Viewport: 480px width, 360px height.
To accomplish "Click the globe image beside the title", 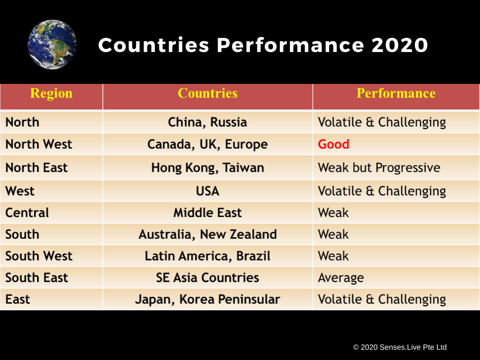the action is coord(52,45).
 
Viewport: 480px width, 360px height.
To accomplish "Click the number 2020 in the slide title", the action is coord(400,45).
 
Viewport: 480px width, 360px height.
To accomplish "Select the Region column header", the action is coord(51,93).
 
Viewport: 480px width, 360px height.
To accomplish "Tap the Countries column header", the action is coord(208,93).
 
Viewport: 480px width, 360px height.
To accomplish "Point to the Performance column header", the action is coord(396,93).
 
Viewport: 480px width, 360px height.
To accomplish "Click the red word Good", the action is coord(333,144).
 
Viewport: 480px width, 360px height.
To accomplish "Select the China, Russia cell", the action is coord(208,122).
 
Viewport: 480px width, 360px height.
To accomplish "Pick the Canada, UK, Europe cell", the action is coord(208,144).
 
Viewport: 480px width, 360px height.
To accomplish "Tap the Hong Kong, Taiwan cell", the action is coord(208,168).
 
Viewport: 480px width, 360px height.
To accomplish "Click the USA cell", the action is coord(208,191).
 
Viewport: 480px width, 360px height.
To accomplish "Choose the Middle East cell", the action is coord(208,213).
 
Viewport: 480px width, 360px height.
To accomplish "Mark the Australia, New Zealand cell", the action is coord(208,234).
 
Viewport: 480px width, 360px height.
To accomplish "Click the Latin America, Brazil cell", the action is coord(208,256).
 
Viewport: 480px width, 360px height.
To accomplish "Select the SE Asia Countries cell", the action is coord(208,277).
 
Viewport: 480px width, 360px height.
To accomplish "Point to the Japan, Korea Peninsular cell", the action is coord(208,300).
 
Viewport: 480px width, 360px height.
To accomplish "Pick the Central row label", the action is coord(27,213).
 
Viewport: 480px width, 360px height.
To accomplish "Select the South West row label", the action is coord(39,256).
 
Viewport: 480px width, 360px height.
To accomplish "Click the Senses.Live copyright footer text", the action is coord(400,347).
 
